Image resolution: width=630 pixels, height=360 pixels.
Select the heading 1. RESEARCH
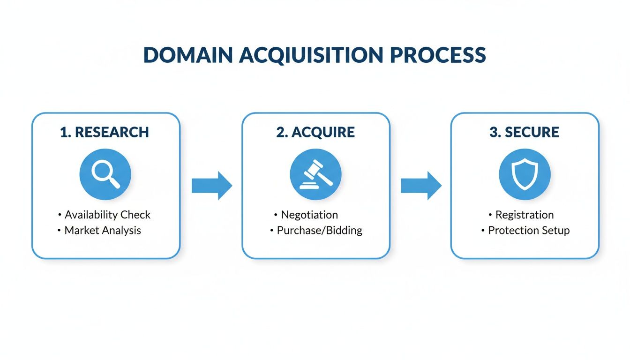105,133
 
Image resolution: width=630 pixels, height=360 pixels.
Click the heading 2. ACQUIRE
315,133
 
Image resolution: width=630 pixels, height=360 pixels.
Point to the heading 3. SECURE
525,133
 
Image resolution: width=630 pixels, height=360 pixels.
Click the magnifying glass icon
105,174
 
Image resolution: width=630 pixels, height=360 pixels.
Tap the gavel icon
315,174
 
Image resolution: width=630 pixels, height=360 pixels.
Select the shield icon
525,174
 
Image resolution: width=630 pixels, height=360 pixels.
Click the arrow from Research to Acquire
211,186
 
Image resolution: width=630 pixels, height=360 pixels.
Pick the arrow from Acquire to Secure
421,186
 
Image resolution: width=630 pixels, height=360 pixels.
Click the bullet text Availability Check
108,215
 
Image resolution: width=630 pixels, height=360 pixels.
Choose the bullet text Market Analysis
103,230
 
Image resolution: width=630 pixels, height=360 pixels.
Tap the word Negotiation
309,215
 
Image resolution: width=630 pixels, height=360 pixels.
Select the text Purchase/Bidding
320,230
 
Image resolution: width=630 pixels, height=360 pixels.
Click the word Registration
525,215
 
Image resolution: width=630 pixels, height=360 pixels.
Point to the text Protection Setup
529,230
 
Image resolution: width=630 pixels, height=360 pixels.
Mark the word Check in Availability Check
135,215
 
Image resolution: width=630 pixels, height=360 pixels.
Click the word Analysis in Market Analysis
120,230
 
